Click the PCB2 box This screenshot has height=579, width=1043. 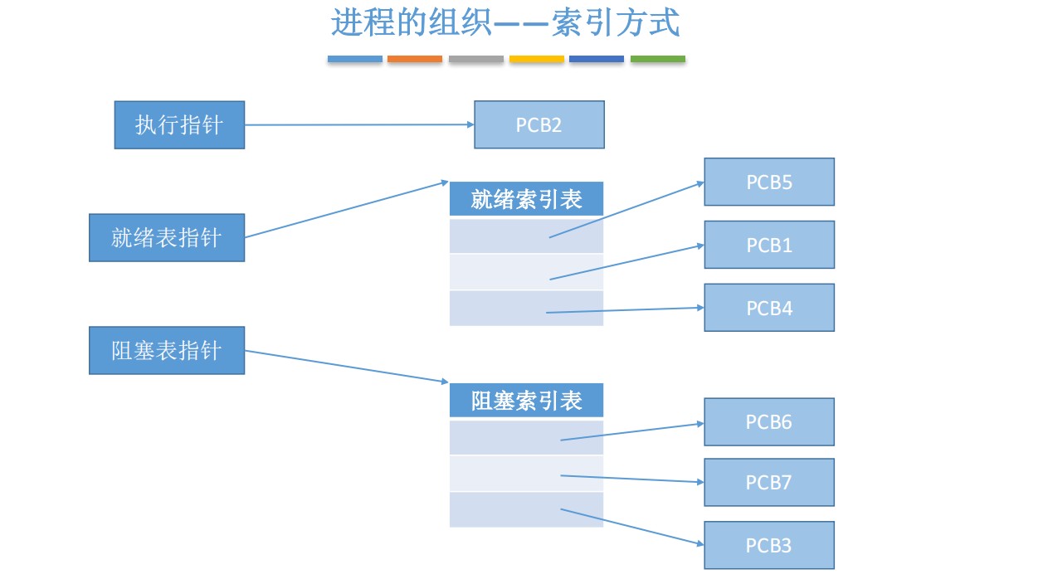[539, 124]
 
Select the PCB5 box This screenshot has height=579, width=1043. [769, 182]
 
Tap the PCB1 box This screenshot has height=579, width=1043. [769, 245]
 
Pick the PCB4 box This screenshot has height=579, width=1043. [769, 308]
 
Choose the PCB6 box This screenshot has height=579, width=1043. [769, 421]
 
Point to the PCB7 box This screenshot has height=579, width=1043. [769, 482]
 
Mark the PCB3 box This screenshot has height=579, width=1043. [769, 545]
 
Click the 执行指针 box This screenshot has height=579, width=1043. [180, 125]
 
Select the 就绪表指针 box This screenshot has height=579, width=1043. [167, 238]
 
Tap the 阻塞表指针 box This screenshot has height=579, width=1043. [167, 351]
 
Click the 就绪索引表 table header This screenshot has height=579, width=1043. [526, 199]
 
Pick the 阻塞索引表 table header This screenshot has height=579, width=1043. [526, 401]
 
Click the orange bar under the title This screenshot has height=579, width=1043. [415, 59]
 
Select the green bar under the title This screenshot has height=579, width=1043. [658, 59]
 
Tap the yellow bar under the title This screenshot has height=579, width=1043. [537, 59]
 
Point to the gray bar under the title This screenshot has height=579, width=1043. [476, 59]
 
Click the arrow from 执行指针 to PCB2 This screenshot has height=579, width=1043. [359, 124]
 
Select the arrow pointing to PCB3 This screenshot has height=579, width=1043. [632, 527]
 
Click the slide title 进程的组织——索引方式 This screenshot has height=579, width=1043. [505, 22]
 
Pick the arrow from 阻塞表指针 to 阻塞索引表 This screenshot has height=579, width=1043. [347, 367]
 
